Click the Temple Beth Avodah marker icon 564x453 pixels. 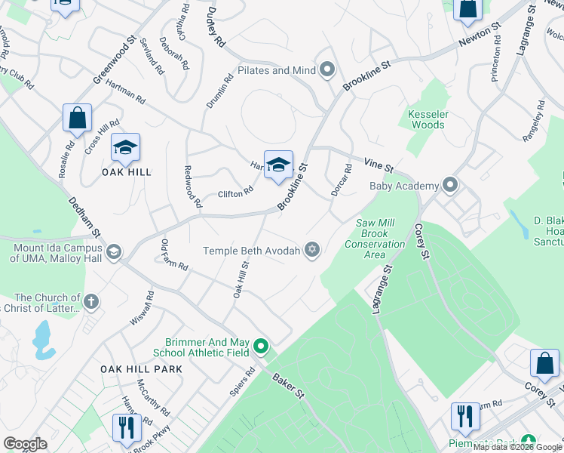pyautogui.click(x=312, y=251)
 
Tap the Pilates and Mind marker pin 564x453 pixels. pyautogui.click(x=327, y=71)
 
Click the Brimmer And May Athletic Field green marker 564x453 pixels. pyautogui.click(x=261, y=347)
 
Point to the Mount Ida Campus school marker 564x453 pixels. pyautogui.click(x=114, y=252)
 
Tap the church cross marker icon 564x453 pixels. pyautogui.click(x=91, y=302)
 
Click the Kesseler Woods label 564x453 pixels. pyautogui.click(x=428, y=119)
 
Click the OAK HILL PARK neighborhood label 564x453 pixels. pyautogui.click(x=143, y=369)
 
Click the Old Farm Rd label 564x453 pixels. pyautogui.click(x=173, y=256)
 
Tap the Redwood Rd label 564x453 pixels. pyautogui.click(x=192, y=188)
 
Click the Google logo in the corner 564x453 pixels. pyautogui.click(x=25, y=444)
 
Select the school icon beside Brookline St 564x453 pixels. pyautogui.click(x=278, y=165)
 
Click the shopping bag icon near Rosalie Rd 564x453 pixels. pyautogui.click(x=77, y=118)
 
